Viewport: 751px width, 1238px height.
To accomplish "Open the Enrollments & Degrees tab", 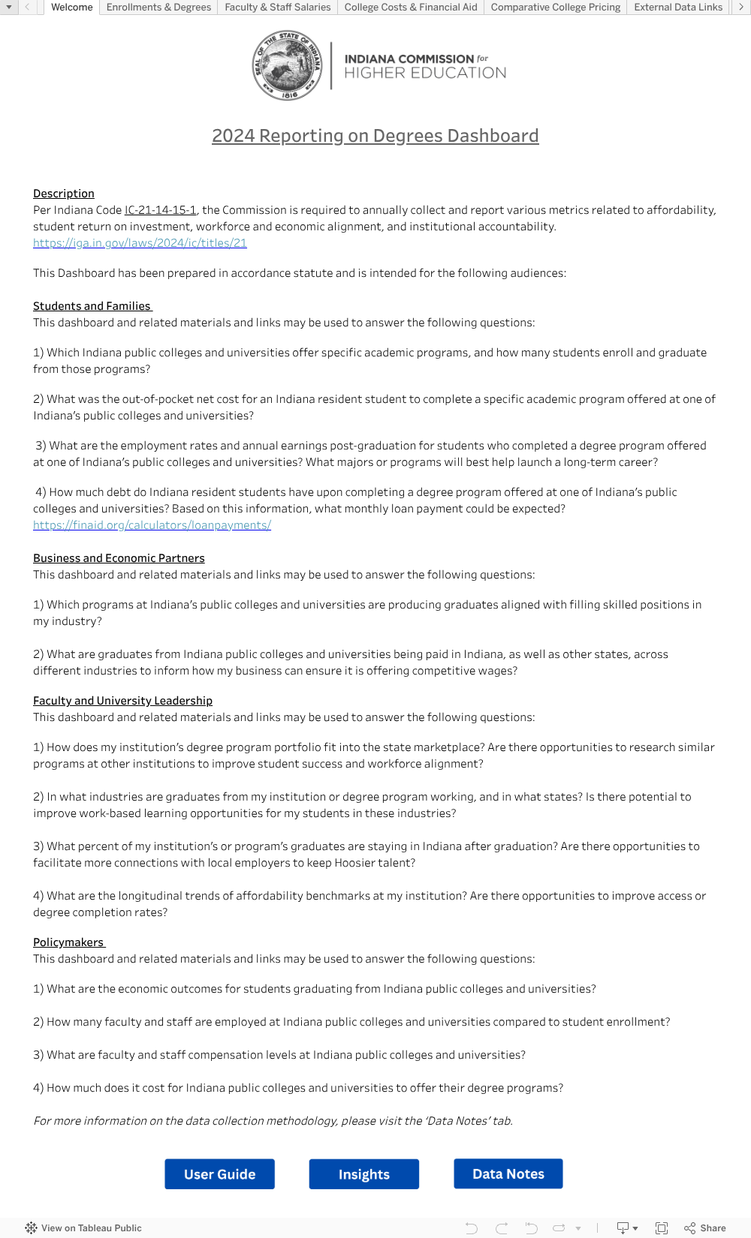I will pyautogui.click(x=158, y=8).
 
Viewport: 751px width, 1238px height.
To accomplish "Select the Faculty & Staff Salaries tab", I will pyautogui.click(x=278, y=8).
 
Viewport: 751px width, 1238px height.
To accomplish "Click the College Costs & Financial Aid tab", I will pyautogui.click(x=411, y=8).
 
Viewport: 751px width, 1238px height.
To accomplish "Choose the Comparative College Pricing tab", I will pyautogui.click(x=556, y=8).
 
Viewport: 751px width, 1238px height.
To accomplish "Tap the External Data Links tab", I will pyautogui.click(x=678, y=8).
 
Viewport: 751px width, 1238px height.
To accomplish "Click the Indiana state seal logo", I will pyautogui.click(x=287, y=66).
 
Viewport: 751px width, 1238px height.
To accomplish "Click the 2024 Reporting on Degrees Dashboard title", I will pyautogui.click(x=375, y=136).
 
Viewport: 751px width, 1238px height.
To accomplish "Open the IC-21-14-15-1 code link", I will pyautogui.click(x=161, y=210).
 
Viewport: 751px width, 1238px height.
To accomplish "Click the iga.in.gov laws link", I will pyautogui.click(x=140, y=243).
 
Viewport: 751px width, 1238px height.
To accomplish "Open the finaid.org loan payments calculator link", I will pyautogui.click(x=152, y=525).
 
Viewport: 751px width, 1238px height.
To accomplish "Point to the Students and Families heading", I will pyautogui.click(x=92, y=306).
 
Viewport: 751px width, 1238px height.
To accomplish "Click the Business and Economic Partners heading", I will pyautogui.click(x=119, y=558).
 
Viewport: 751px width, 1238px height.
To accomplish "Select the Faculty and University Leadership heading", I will pyautogui.click(x=122, y=701).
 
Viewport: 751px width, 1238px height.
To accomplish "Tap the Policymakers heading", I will pyautogui.click(x=68, y=942).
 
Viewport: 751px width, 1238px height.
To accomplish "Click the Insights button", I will pyautogui.click(x=364, y=1174).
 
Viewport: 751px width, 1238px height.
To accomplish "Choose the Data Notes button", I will pyautogui.click(x=508, y=1174).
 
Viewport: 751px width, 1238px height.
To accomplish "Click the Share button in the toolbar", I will pyautogui.click(x=705, y=1228).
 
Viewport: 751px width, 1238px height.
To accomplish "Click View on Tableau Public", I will pyautogui.click(x=83, y=1228).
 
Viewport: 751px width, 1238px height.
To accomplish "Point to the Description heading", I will pyautogui.click(x=64, y=194).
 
